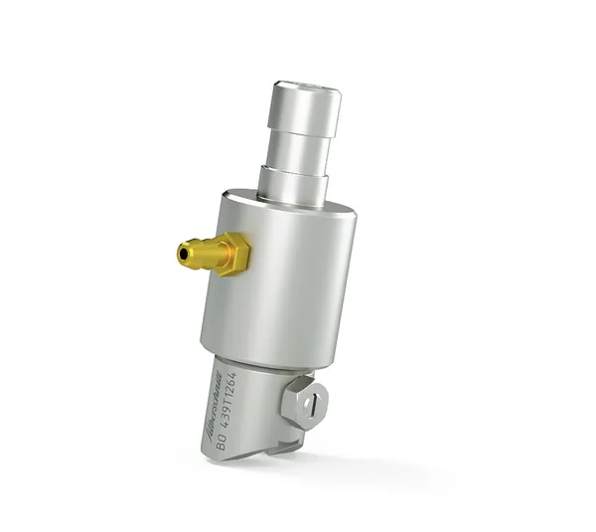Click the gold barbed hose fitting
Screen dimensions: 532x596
point(212,254)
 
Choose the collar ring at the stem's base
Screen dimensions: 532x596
point(295,184)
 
